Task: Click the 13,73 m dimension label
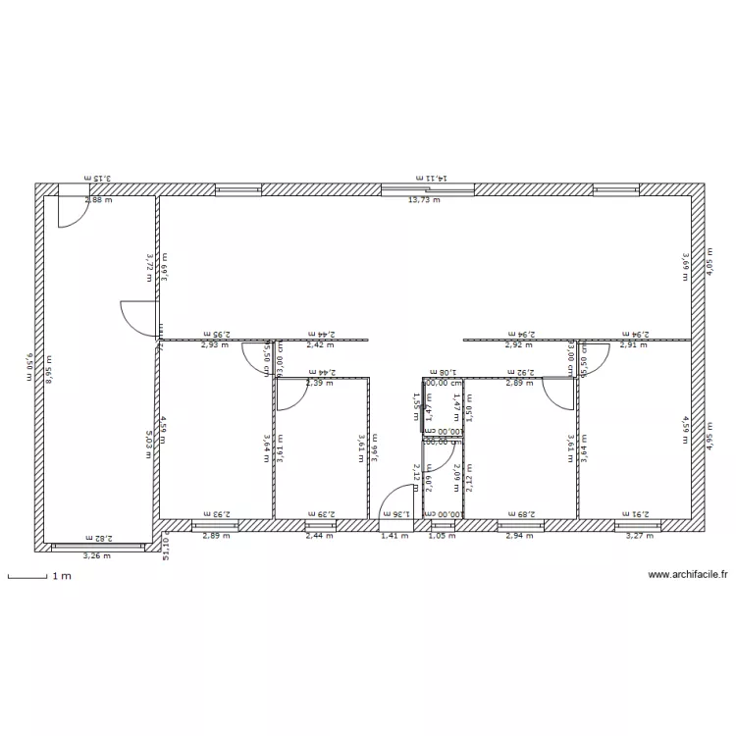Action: coord(424,200)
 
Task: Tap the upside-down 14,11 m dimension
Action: coord(431,178)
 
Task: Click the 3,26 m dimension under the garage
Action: coord(96,556)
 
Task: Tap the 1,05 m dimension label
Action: coord(444,536)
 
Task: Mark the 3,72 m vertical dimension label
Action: coord(149,265)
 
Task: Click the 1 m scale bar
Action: coord(27,577)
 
